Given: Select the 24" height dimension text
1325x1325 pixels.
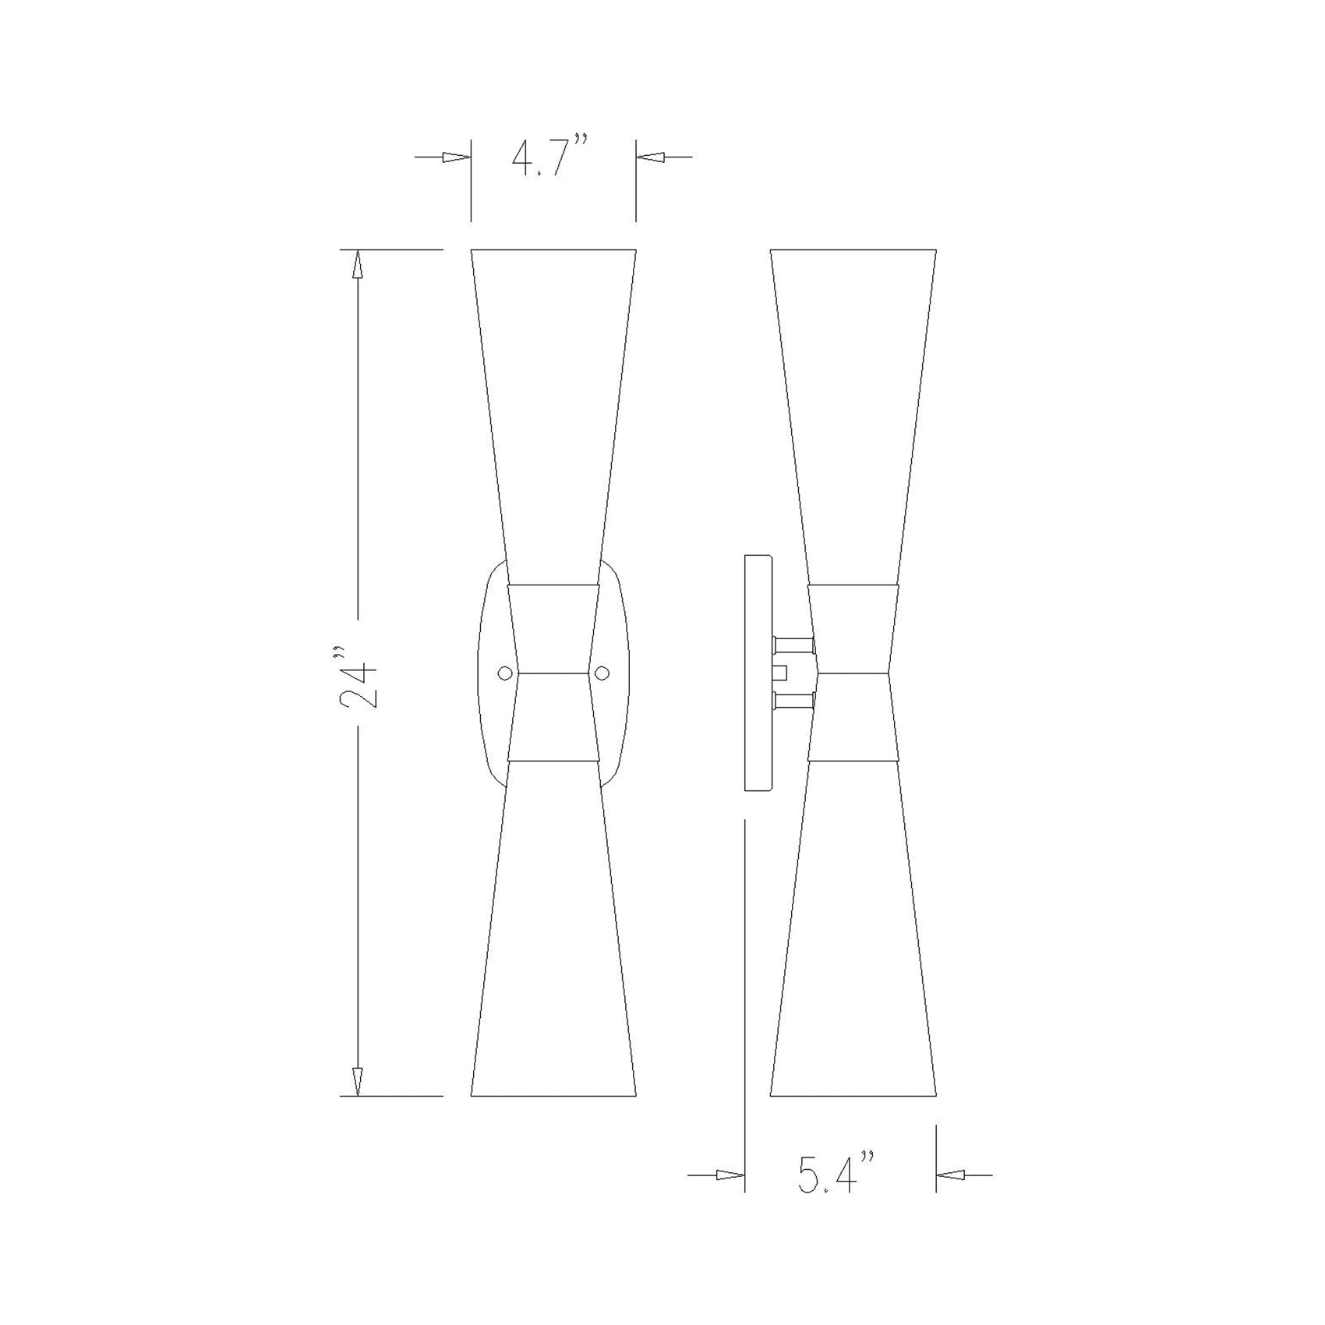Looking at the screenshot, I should pyautogui.click(x=359, y=674).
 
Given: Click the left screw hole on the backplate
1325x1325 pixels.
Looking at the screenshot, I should pyautogui.click(x=505, y=673).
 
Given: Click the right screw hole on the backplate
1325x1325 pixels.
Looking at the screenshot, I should pyautogui.click(x=602, y=673).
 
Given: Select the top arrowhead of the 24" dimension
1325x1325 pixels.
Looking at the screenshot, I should pyautogui.click(x=358, y=265).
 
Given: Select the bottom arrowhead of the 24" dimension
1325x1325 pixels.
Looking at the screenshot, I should pyautogui.click(x=358, y=1080).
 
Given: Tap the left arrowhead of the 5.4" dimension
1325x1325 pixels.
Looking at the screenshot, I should pyautogui.click(x=730, y=1196).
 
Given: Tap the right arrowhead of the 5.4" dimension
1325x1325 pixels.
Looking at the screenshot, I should pyautogui.click(x=952, y=1196).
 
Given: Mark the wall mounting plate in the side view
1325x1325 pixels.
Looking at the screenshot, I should pyautogui.click(x=758, y=673).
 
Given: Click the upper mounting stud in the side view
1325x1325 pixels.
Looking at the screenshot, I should pyautogui.click(x=793, y=645).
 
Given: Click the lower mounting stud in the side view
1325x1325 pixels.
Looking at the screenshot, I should pyautogui.click(x=793, y=699).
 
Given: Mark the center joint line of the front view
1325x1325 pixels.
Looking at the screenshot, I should pyautogui.click(x=553, y=673).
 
